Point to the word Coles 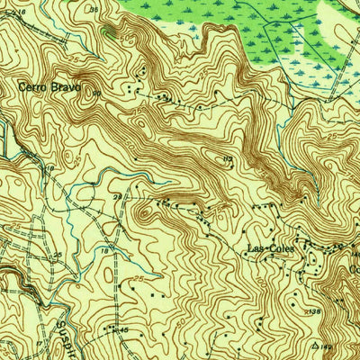click(x=282, y=248)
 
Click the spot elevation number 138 click(x=314, y=311)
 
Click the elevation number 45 click(x=124, y=332)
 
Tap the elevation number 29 click(x=117, y=196)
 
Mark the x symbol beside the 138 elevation click(x=303, y=310)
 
